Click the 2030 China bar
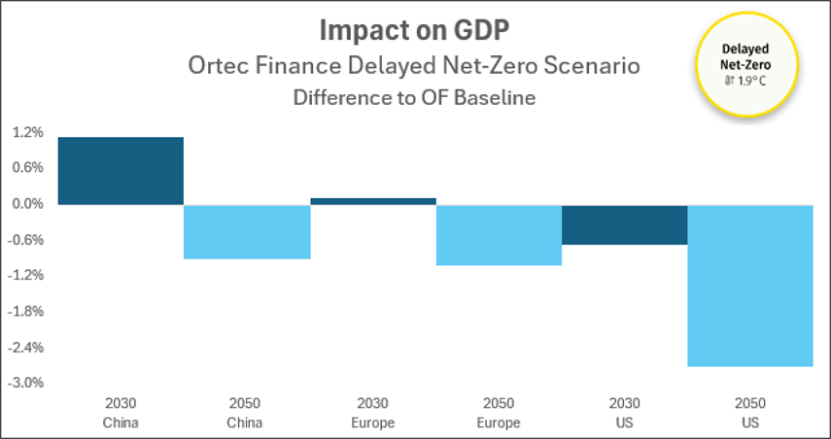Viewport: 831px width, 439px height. coord(121,171)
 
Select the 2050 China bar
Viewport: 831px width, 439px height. coord(247,231)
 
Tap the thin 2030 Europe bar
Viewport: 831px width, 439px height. coord(373,201)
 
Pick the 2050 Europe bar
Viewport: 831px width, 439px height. coord(499,235)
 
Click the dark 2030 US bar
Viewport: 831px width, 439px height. coord(624,224)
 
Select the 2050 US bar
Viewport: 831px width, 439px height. coord(750,286)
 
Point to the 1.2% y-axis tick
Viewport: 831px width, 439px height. coord(26,132)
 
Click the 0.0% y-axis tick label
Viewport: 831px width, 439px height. coord(26,204)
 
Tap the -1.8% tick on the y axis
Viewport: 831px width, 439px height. coord(25,312)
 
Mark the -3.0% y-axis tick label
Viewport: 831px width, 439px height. coord(25,384)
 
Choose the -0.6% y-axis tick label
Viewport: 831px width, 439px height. coord(25,240)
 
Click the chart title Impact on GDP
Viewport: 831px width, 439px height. coord(414,32)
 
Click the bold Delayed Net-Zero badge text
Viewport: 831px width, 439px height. coord(745,57)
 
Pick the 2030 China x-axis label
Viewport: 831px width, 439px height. coord(121,413)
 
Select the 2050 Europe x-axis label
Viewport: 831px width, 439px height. coord(499,413)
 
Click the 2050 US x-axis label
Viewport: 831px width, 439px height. coord(750,413)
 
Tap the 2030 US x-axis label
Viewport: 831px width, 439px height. coord(624,413)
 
